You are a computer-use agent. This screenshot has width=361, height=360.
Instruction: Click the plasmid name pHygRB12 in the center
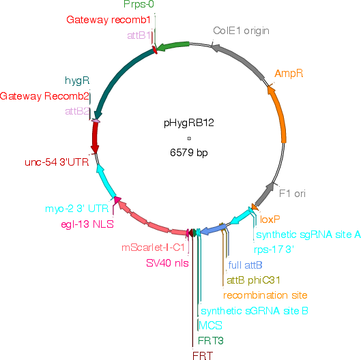189,123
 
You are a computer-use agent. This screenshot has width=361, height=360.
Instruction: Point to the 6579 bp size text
189,152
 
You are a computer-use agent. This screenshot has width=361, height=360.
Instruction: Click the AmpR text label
289,74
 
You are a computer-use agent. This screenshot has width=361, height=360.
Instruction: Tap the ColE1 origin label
241,31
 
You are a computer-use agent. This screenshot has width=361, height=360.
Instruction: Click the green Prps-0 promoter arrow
173,46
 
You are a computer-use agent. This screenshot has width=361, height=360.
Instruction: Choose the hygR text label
77,80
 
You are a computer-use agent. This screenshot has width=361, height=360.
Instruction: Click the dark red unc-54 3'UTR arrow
95,137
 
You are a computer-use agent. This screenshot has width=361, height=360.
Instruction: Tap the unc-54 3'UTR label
57,162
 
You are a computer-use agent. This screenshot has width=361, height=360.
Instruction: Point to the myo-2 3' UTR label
77,209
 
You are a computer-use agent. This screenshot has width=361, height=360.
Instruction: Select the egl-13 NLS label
87,224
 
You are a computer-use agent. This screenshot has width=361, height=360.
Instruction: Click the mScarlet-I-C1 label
153,247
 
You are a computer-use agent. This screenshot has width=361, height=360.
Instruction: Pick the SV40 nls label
167,263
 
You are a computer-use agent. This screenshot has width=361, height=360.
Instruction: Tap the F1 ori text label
292,194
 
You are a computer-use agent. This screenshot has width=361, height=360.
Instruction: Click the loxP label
270,220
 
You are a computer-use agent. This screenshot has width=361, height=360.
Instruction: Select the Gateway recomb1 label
109,20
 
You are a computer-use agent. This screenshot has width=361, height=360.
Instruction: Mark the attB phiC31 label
253,280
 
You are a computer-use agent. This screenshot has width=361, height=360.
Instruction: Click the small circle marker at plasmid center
189,138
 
